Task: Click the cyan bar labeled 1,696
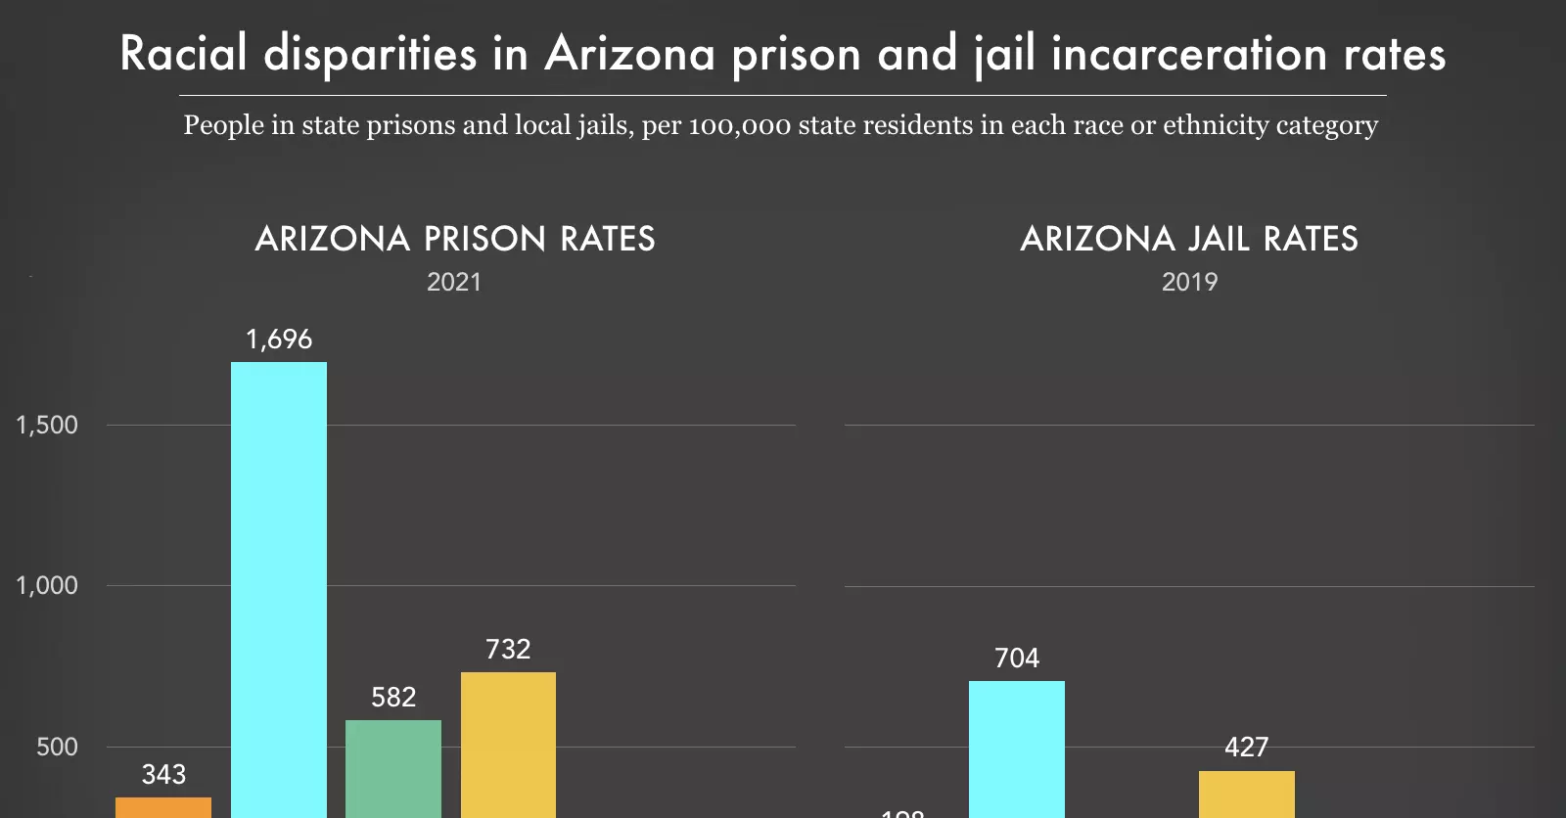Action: click(x=279, y=587)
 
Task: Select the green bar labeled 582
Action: click(x=393, y=768)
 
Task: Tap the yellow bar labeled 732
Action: click(x=508, y=744)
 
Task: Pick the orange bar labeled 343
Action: click(x=163, y=807)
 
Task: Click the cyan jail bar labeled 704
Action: click(x=1017, y=749)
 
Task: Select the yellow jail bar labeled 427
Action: click(x=1246, y=794)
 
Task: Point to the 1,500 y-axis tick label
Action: click(x=47, y=425)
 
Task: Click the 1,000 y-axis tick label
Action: click(x=47, y=585)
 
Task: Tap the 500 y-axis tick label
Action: click(x=57, y=747)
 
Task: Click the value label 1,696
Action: click(x=279, y=340)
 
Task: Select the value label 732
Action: click(x=508, y=649)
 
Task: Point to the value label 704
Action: click(x=1017, y=658)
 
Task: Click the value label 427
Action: click(x=1246, y=747)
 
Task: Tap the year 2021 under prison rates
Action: click(x=454, y=282)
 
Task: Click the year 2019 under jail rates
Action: click(x=1189, y=282)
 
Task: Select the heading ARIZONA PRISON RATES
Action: click(x=455, y=239)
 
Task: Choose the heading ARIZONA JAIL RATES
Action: click(x=1189, y=239)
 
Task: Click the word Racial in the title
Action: click(x=183, y=53)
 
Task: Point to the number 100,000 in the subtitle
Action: click(x=739, y=125)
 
